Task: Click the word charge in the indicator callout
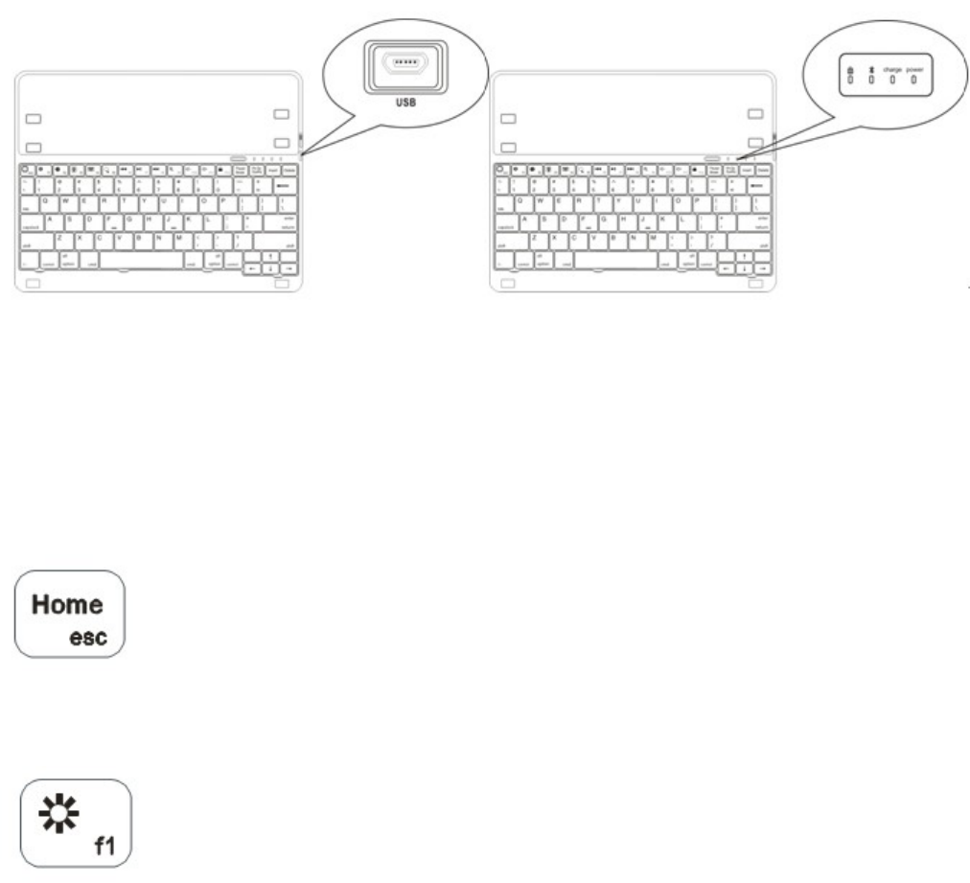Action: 893,71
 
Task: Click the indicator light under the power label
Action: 914,81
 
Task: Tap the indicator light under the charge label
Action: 893,81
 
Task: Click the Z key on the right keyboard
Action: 532,237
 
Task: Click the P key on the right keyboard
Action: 698,202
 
